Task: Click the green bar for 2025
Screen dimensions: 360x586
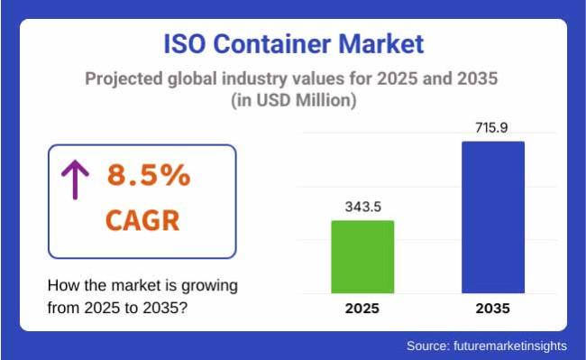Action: (x=362, y=256)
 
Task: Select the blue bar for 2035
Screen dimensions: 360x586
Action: (x=492, y=217)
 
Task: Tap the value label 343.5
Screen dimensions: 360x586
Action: (x=363, y=207)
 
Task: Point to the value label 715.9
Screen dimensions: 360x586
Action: (x=492, y=127)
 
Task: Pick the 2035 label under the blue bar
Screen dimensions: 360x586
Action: (x=491, y=309)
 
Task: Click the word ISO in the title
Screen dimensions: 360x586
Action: (x=190, y=43)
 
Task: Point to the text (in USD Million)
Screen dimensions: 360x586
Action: (x=293, y=101)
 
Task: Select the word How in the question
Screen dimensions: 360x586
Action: (x=63, y=286)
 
